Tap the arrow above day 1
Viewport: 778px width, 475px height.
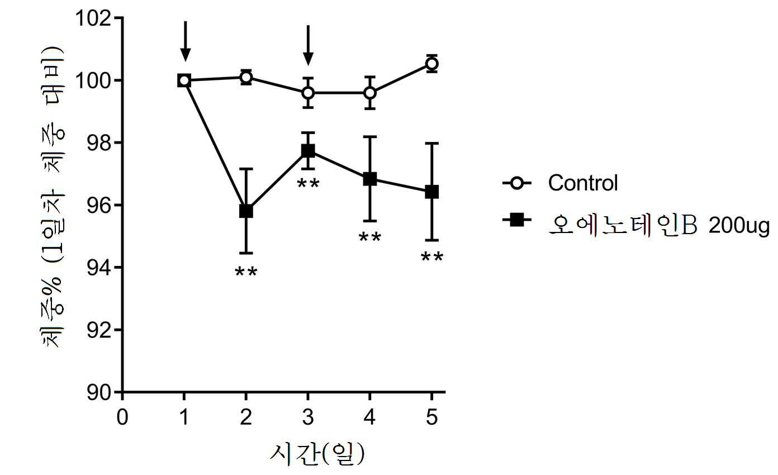point(186,42)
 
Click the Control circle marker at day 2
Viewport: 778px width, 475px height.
point(246,77)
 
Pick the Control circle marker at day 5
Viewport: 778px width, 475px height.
point(431,64)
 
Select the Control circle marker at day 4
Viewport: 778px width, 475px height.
point(369,93)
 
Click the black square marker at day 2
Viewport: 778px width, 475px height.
point(246,211)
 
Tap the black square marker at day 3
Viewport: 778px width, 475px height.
point(308,151)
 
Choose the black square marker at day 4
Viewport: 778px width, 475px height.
point(369,179)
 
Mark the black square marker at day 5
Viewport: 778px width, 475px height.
point(431,192)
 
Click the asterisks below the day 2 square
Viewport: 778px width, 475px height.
point(246,273)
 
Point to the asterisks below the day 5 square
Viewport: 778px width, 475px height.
point(431,258)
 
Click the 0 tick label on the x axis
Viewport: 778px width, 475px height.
point(122,418)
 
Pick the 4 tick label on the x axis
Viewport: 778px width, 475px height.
point(369,418)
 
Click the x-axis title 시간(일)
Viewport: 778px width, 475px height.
point(316,455)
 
